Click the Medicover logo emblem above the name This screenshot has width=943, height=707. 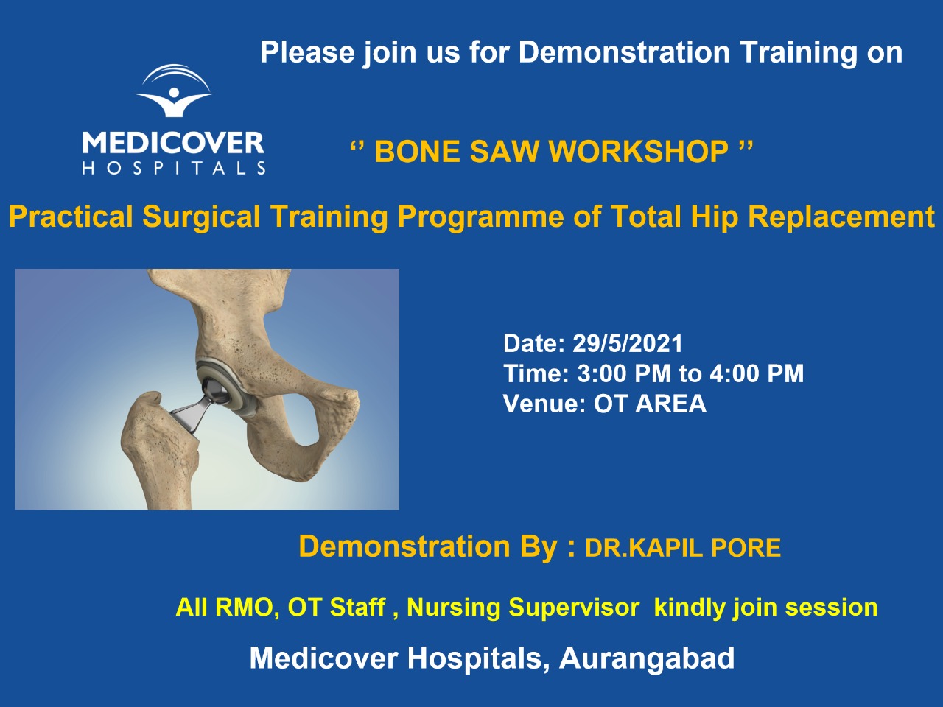point(174,91)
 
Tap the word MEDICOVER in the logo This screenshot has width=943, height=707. point(173,143)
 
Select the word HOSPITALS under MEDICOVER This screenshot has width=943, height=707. point(174,168)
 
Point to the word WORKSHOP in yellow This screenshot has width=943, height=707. point(639,152)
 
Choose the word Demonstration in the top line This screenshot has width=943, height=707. point(624,52)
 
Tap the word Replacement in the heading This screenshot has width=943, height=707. point(841,216)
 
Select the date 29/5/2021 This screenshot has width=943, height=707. point(628,343)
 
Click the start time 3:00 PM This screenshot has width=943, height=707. point(624,373)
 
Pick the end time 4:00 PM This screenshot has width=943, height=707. point(757,373)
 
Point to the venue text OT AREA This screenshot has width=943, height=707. point(650,404)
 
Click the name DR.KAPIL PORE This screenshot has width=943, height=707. point(683,548)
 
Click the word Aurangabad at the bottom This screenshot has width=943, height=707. point(647,658)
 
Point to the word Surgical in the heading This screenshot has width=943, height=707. point(201,217)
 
